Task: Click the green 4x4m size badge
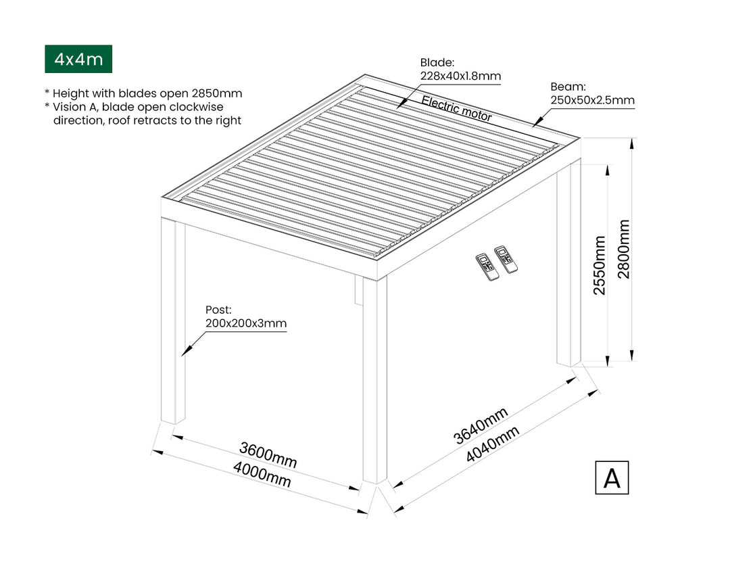[x=78, y=60]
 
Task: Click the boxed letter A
[x=611, y=477]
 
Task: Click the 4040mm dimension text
[x=493, y=444]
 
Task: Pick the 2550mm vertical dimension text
[x=600, y=265]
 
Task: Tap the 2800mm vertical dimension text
[x=623, y=249]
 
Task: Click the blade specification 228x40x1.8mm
[x=460, y=76]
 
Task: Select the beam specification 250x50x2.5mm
[x=592, y=101]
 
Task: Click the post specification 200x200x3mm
[x=246, y=323]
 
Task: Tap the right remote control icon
[x=506, y=259]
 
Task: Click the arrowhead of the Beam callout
[x=534, y=124]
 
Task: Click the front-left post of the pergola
[x=173, y=325]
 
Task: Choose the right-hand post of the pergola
[x=569, y=271]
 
